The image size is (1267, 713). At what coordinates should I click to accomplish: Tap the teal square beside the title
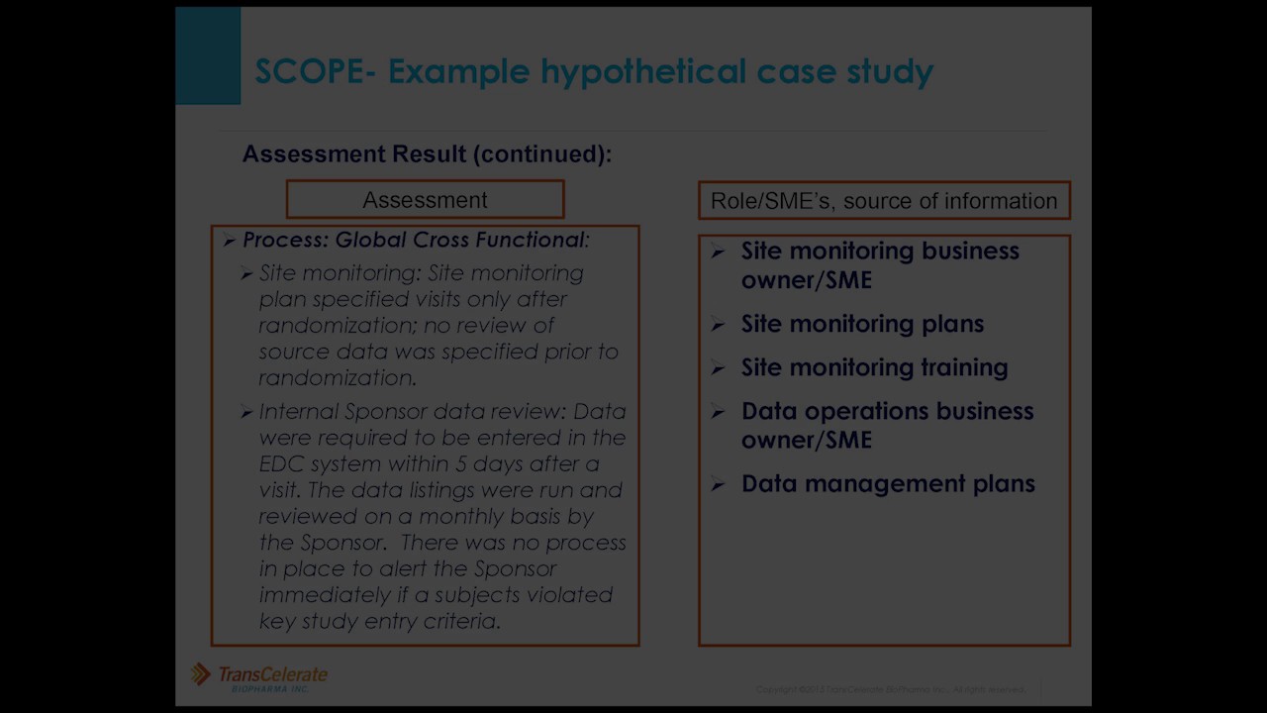208,55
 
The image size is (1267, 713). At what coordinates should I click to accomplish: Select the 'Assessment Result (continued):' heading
427,154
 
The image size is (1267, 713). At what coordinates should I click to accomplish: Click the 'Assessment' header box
425,200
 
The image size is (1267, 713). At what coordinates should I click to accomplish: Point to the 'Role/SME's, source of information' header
884,201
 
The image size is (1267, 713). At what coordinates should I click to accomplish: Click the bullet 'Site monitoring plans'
862,324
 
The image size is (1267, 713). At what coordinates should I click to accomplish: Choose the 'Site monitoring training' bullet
874,367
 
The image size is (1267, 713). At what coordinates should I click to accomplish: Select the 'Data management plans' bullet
888,483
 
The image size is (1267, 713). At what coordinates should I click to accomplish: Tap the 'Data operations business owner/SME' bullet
887,425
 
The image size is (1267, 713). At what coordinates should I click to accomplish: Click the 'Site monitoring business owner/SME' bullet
880,265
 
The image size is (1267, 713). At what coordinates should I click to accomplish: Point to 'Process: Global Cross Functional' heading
415,241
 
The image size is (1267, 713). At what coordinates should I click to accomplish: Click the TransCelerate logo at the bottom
259,676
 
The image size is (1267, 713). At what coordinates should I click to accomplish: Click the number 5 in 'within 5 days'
461,464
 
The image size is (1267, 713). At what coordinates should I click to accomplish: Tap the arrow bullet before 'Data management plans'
719,484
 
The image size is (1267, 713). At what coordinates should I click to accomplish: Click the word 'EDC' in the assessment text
281,464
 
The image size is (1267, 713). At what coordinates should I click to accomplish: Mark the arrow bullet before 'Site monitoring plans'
719,325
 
